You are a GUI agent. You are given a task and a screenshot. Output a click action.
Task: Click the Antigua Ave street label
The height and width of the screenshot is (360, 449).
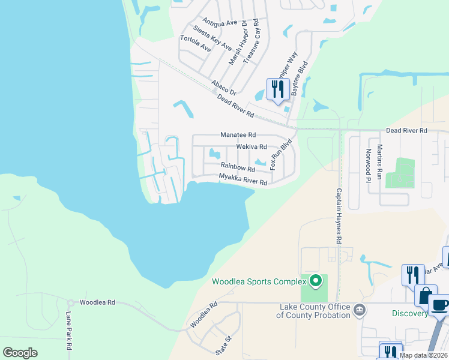point(220,23)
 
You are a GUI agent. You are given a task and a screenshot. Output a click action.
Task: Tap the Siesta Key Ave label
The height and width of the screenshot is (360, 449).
point(212,38)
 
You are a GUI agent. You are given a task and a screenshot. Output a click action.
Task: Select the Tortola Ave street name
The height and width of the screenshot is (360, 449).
point(196,44)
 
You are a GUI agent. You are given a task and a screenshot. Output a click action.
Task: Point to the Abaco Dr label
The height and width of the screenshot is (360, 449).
point(223,88)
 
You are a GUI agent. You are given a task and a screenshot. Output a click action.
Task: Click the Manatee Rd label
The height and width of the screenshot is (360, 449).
point(238,135)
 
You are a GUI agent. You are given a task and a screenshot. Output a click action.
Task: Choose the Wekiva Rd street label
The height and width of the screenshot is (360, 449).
point(251,146)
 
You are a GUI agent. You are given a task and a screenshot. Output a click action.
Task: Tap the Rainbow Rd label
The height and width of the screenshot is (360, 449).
point(238,167)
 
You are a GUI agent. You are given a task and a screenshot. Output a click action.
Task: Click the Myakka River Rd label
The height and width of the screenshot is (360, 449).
point(243,179)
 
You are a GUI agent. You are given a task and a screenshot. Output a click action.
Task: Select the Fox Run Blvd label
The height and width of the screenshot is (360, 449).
point(281,154)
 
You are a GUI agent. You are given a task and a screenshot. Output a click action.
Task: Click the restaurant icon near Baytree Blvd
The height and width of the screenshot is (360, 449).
point(278,89)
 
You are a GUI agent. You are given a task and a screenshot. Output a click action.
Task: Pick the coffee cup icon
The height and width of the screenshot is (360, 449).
point(440,304)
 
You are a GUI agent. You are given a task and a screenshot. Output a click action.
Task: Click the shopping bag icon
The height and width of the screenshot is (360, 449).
point(425,295)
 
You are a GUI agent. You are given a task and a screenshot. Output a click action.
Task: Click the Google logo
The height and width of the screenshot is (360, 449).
point(20,353)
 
